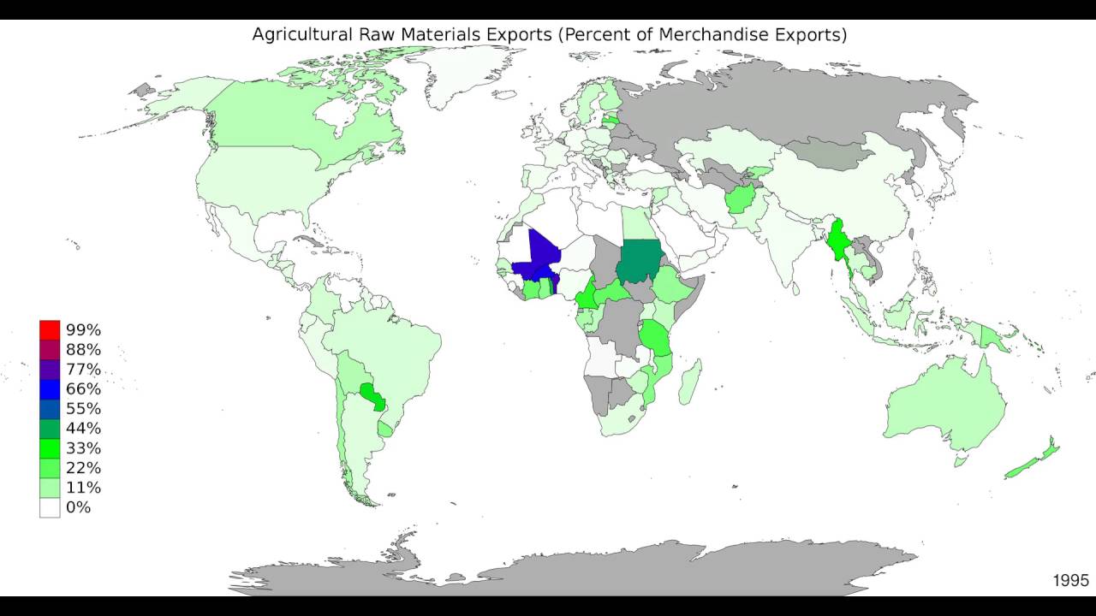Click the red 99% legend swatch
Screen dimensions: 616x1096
pyautogui.click(x=50, y=329)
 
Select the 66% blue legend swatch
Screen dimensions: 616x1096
pyautogui.click(x=50, y=388)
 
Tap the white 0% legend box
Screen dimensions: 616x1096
pyautogui.click(x=50, y=507)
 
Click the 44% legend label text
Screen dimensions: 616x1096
pyautogui.click(x=83, y=428)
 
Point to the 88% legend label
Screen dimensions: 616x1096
pyautogui.click(x=83, y=349)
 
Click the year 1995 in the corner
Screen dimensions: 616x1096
pyautogui.click(x=1070, y=580)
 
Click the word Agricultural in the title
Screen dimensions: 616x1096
pyautogui.click(x=301, y=35)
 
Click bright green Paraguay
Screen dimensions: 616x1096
pyautogui.click(x=373, y=395)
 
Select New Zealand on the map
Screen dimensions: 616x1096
pyautogui.click(x=1036, y=458)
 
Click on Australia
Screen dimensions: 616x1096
pyautogui.click(x=942, y=411)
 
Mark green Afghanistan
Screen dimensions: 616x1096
pyautogui.click(x=739, y=200)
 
